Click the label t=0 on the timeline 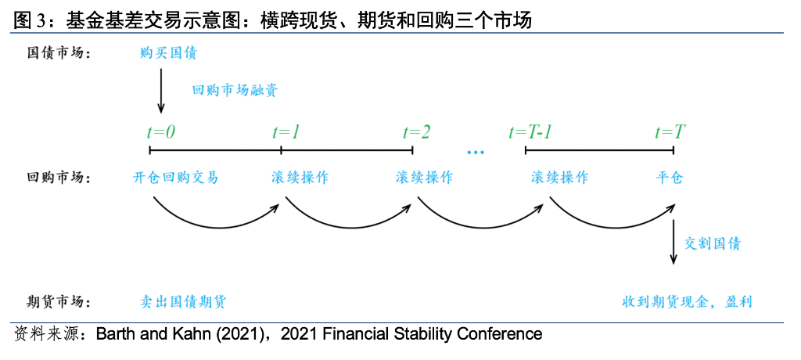pos(162,132)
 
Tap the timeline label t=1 pos(286,132)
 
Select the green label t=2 pos(416,132)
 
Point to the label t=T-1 pos(532,132)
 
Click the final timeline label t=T pos(670,132)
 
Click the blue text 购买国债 pos(168,54)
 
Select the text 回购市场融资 pos(235,90)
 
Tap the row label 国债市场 pos(59,54)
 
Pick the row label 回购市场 pos(59,178)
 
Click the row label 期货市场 pos(59,302)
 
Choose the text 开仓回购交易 pos(176,178)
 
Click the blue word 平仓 pos(670,178)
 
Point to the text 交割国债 pos(713,243)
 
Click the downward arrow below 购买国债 pos(161,91)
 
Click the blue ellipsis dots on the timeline pos(475,151)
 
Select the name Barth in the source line pos(113,335)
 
